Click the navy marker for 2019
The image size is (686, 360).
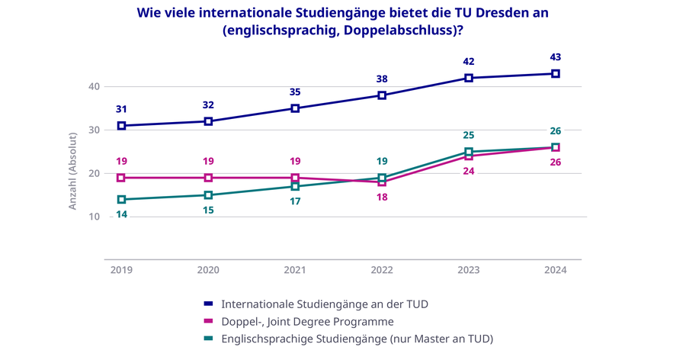tap(121, 126)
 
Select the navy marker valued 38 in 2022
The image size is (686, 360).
tap(382, 95)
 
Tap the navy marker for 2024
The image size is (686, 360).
tap(556, 74)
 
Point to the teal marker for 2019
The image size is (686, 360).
tap(121, 200)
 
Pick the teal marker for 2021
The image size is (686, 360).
tap(295, 187)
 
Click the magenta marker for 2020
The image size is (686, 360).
tap(208, 178)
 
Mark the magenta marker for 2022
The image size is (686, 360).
tap(382, 182)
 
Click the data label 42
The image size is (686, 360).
tap(469, 62)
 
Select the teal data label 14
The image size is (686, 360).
tap(121, 214)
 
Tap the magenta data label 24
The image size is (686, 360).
tap(469, 171)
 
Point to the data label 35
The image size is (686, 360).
tap(295, 92)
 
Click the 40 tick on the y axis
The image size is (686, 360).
tap(95, 87)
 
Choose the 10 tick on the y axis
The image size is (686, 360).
tap(95, 217)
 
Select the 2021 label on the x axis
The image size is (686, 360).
tap(295, 270)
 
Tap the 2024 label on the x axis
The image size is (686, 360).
tap(556, 270)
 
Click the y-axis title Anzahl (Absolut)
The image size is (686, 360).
tap(73, 171)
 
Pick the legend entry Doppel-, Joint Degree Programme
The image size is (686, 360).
tap(306, 322)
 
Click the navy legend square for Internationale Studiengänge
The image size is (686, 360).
tap(208, 304)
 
